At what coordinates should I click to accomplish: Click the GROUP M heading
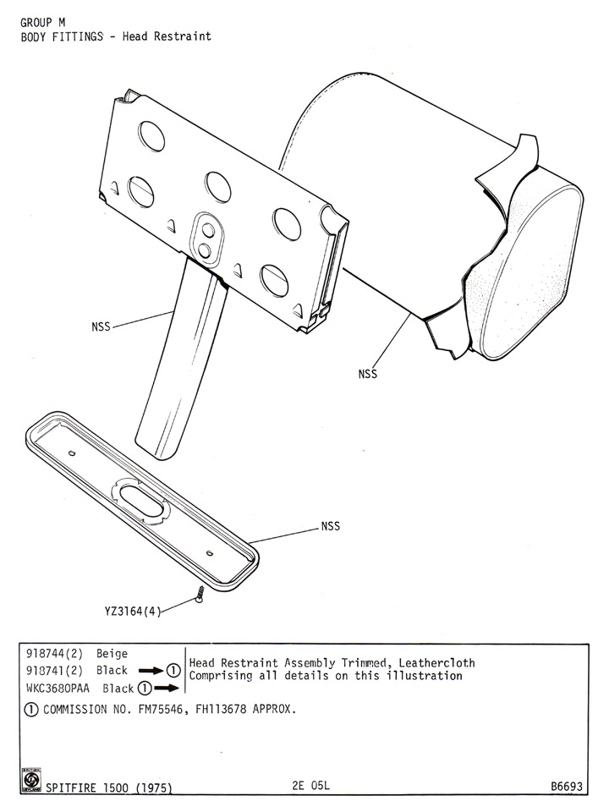[43, 22]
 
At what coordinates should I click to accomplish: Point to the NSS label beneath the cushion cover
[368, 372]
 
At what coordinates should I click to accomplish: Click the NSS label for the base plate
[330, 526]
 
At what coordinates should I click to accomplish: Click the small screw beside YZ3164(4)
[200, 595]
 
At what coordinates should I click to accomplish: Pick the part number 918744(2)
[52, 654]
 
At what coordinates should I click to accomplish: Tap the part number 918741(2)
[52, 670]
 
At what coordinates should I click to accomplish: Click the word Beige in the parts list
[112, 654]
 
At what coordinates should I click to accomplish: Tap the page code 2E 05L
[309, 786]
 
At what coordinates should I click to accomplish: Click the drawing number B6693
[566, 786]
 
